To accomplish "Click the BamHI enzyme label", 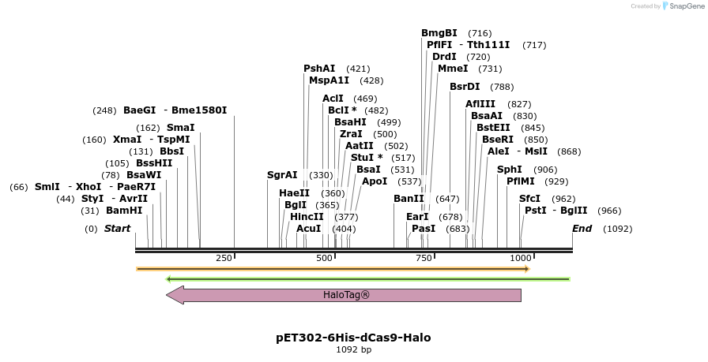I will point(124,211).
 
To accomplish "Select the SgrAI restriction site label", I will point(282,175).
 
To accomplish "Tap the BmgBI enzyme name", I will point(439,33).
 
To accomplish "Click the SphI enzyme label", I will point(509,170).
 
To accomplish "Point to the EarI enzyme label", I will point(417,217).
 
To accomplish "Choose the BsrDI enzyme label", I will point(465,87).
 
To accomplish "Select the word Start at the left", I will point(117,229).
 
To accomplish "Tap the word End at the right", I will point(582,230).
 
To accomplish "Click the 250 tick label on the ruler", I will point(224,259).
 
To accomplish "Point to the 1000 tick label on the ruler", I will point(520,259).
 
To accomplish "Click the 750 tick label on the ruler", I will point(422,259).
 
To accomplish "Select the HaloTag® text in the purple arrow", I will point(346,295).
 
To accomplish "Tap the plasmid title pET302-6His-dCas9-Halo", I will point(353,338).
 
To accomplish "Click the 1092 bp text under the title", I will point(353,349).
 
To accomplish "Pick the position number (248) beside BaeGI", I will point(104,110).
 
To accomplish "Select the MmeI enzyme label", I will point(453,69).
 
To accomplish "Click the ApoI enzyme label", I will point(375,181).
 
